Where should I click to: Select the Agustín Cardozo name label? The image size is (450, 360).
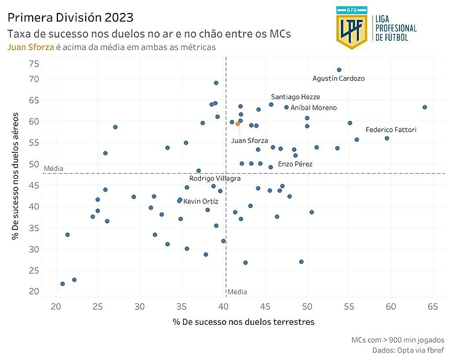point(338,79)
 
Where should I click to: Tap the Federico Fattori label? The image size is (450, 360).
point(391,130)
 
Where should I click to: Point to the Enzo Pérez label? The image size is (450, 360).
point(295,165)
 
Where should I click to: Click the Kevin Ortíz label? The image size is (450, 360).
point(200,202)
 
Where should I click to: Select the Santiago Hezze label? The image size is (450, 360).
point(295,97)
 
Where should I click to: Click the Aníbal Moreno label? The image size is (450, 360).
point(313,108)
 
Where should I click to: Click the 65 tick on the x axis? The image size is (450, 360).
point(433,306)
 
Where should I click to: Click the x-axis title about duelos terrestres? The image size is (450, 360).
point(243,322)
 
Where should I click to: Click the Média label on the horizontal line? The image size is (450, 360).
point(54,168)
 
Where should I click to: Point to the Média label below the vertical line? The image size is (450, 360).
point(237,292)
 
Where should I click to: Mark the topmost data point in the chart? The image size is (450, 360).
point(339,70)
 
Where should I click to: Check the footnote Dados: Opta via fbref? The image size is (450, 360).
point(408,350)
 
